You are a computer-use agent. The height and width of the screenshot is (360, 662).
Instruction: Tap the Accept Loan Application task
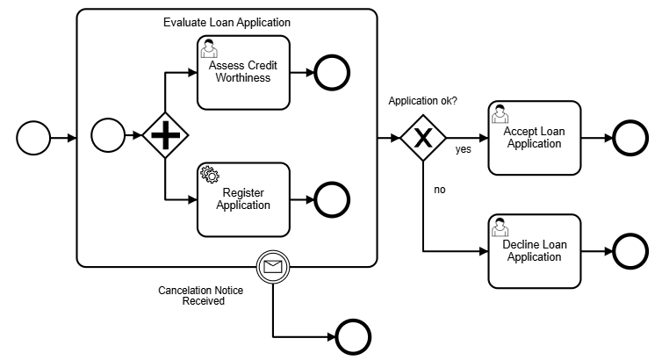pyautogui.click(x=534, y=137)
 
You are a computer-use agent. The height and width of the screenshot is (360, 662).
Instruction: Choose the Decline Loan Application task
pyautogui.click(x=534, y=251)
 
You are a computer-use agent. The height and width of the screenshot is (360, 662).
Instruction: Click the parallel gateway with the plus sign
pyautogui.click(x=166, y=136)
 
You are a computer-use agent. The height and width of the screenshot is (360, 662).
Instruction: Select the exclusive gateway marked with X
pyautogui.click(x=423, y=138)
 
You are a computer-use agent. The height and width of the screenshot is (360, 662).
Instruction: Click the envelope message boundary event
pyautogui.click(x=273, y=265)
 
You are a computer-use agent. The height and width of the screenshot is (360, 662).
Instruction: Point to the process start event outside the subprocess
pyautogui.click(x=33, y=138)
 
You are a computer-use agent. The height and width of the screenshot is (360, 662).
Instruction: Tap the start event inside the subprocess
pyautogui.click(x=109, y=136)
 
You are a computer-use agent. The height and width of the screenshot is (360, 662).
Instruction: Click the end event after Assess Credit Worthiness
pyautogui.click(x=332, y=73)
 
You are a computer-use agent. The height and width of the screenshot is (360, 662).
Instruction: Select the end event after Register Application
pyautogui.click(x=332, y=199)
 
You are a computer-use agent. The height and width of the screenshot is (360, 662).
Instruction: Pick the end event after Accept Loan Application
pyautogui.click(x=630, y=138)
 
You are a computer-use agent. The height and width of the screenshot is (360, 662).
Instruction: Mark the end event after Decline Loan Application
pyautogui.click(x=630, y=251)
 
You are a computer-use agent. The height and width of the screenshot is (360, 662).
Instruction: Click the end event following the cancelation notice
pyautogui.click(x=353, y=336)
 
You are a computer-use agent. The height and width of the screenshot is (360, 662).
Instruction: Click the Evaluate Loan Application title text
pyautogui.click(x=227, y=22)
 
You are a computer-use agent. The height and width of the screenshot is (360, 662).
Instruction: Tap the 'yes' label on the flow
pyautogui.click(x=463, y=149)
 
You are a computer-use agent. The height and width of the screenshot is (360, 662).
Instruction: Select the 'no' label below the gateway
pyautogui.click(x=440, y=189)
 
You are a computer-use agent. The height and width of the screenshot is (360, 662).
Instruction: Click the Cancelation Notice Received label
pyautogui.click(x=200, y=295)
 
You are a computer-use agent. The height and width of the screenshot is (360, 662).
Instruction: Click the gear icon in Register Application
pyautogui.click(x=210, y=174)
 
